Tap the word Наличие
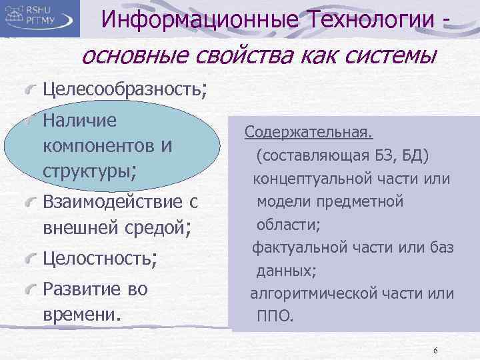point(79,121)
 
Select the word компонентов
point(99,145)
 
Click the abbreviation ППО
point(275,315)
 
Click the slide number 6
point(435,351)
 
